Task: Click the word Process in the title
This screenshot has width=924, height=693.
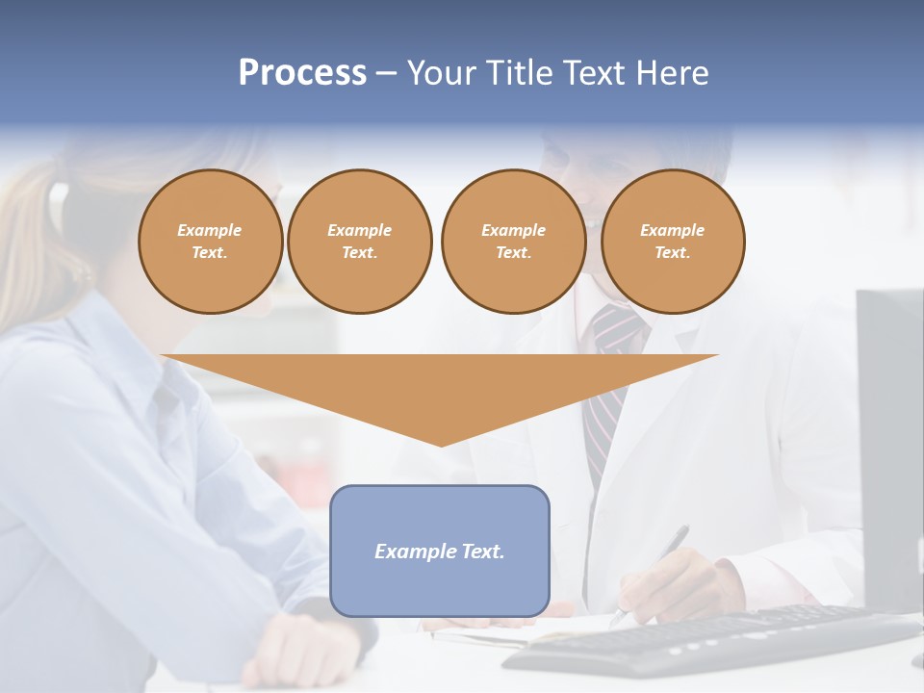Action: point(302,73)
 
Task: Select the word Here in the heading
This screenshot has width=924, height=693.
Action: point(673,73)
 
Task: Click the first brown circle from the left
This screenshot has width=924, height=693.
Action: point(211,242)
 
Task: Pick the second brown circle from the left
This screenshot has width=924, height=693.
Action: point(360,242)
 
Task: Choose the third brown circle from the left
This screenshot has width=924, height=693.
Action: point(514,242)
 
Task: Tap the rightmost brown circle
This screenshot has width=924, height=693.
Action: point(673,242)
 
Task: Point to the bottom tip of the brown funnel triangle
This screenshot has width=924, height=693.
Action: point(441,444)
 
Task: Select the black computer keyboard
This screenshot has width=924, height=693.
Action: point(712,641)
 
